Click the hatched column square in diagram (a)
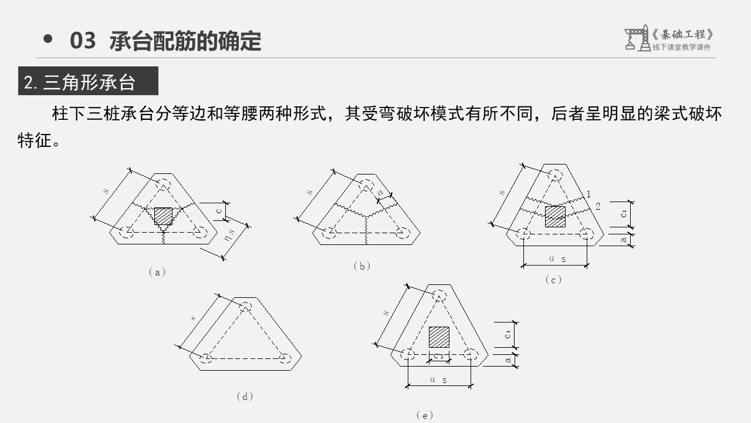click(x=163, y=216)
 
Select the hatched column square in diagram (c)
click(x=555, y=216)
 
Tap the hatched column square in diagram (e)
click(x=439, y=337)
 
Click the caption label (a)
click(x=157, y=272)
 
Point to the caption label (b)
click(x=362, y=266)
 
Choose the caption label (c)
click(x=553, y=280)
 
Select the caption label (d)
click(x=245, y=397)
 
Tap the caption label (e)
click(x=424, y=415)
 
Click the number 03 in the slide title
click(x=83, y=41)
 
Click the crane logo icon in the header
click(x=637, y=38)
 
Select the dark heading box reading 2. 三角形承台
click(x=88, y=82)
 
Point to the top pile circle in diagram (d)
click(x=245, y=307)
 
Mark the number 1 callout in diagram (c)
click(x=588, y=194)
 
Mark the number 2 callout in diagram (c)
click(x=598, y=206)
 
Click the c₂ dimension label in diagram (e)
click(x=439, y=356)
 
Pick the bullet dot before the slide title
click(x=48, y=39)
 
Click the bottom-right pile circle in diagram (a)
click(x=199, y=233)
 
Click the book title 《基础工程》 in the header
click(x=684, y=35)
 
